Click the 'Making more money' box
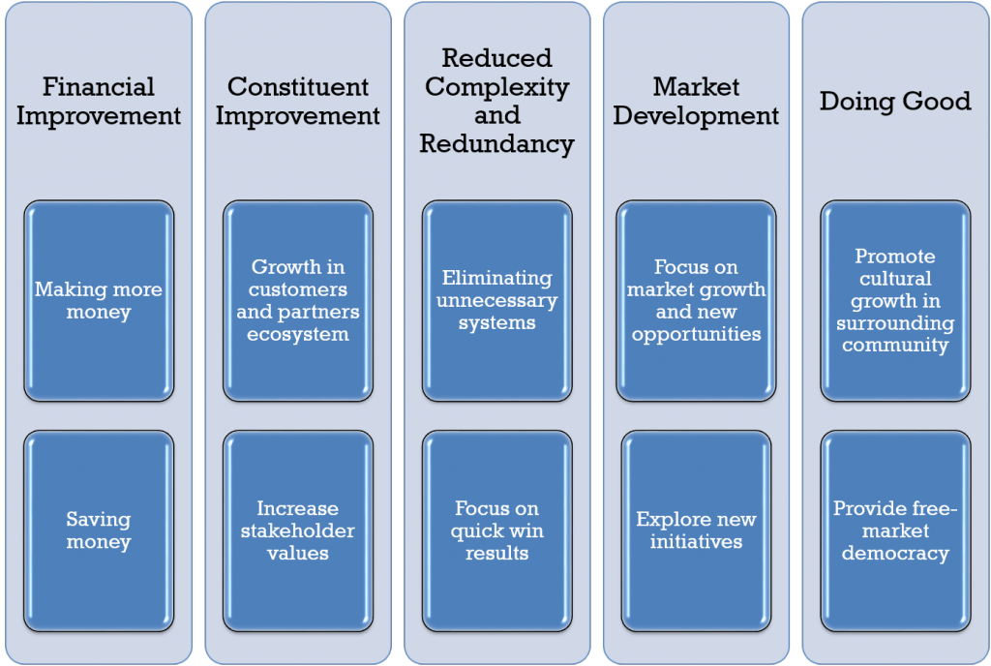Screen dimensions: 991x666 [x=99, y=301]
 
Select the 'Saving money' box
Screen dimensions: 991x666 [x=99, y=530]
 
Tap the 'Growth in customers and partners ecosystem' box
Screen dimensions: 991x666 [x=298, y=301]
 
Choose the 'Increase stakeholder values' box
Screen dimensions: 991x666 [x=298, y=530]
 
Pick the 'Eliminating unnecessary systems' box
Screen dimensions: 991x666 [x=496, y=301]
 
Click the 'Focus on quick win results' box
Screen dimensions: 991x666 [x=496, y=530]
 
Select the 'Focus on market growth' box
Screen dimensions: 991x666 [x=696, y=301]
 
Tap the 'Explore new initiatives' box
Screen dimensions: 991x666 [x=696, y=530]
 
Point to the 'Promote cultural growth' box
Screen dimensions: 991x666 [x=895, y=301]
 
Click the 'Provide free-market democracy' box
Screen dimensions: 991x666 [x=895, y=530]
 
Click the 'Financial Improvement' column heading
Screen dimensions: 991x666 [x=99, y=101]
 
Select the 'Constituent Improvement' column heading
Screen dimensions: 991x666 [x=298, y=101]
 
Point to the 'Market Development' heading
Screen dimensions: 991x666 [x=696, y=101]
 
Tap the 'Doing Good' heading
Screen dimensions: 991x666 [x=895, y=101]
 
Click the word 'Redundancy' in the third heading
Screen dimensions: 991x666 [x=496, y=144]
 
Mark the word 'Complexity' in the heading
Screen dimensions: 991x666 [x=496, y=87]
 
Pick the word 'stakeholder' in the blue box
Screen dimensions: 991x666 [x=298, y=530]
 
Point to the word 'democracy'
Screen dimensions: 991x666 [x=895, y=554]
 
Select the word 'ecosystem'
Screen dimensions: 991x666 [x=298, y=334]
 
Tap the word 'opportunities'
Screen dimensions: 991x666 [x=696, y=334]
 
